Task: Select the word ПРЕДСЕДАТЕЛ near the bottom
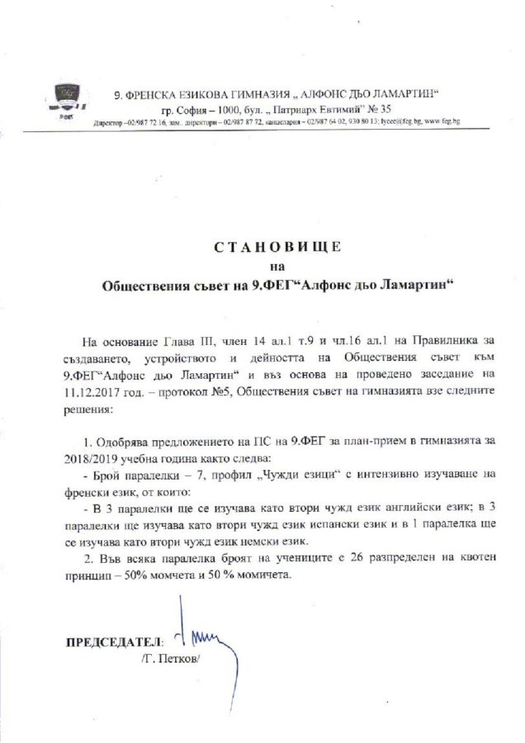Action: pos(114,641)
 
